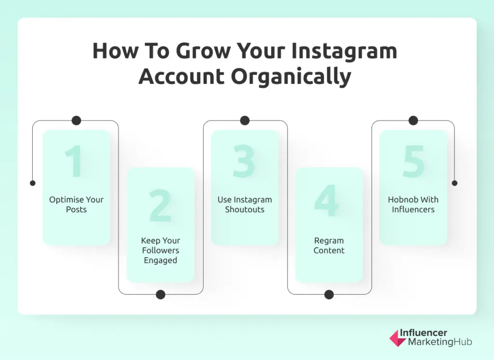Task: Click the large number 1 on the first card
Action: (x=74, y=161)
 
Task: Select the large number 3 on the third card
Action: (x=244, y=161)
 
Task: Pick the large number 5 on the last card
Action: (x=413, y=161)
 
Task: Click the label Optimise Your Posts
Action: (x=76, y=205)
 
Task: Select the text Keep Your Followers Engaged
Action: (x=160, y=250)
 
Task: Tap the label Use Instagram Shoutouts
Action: (x=245, y=205)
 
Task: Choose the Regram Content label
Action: (x=329, y=245)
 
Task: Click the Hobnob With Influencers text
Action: (x=413, y=205)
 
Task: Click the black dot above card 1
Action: (x=76, y=121)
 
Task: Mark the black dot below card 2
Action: (x=161, y=294)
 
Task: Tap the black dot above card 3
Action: (x=245, y=121)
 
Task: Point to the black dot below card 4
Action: (x=329, y=294)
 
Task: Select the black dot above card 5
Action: (x=413, y=121)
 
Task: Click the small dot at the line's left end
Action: (x=32, y=183)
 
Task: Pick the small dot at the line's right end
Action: (x=454, y=183)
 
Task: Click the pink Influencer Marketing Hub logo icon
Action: (x=398, y=338)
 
